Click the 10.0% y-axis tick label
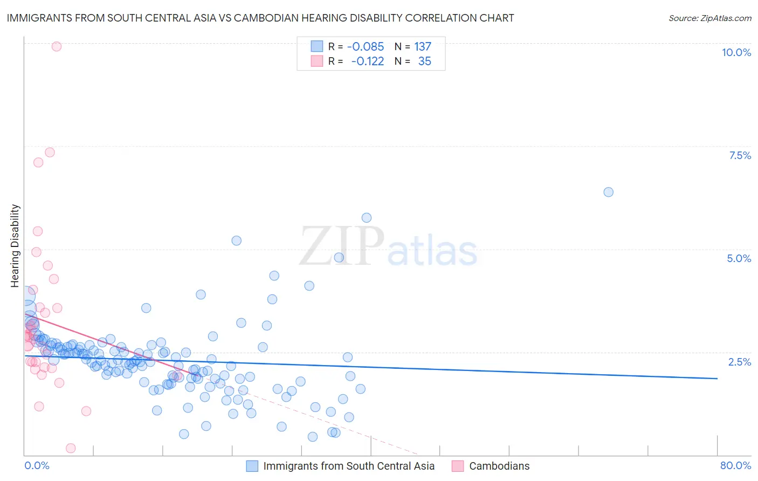click(736, 52)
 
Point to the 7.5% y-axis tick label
click(740, 155)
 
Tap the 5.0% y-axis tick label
click(739, 258)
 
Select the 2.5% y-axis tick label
click(740, 362)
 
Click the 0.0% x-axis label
click(37, 465)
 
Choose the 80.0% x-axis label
click(735, 465)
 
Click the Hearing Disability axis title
click(15, 245)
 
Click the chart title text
click(260, 18)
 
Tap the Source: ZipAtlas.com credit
click(709, 18)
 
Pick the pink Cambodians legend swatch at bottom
click(458, 466)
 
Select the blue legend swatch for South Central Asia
click(252, 466)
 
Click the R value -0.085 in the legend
click(366, 46)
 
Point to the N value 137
click(423, 46)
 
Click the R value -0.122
click(367, 61)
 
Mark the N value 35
click(425, 61)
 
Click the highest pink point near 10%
click(57, 46)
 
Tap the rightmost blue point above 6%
click(608, 192)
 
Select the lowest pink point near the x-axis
click(71, 448)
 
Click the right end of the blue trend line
click(717, 379)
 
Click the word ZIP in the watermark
click(342, 246)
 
